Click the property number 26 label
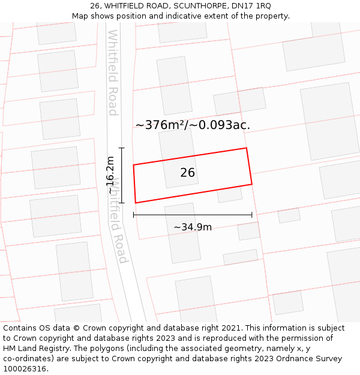click(x=187, y=173)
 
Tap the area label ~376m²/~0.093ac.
click(x=193, y=125)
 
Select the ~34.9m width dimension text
click(x=193, y=227)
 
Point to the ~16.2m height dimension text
click(x=110, y=175)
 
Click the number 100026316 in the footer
click(x=25, y=368)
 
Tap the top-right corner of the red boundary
click(x=246, y=148)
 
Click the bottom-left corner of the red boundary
click(x=136, y=203)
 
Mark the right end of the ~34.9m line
click(x=252, y=215)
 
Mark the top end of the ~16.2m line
click(x=122, y=148)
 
